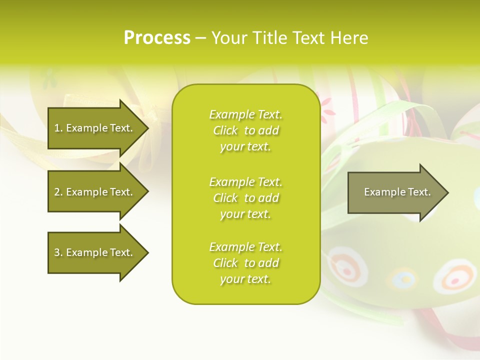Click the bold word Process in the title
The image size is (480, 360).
coord(157,38)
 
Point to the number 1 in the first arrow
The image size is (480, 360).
coord(57,128)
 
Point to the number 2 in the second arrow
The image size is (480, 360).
coord(57,192)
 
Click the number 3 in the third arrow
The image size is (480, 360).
coord(57,252)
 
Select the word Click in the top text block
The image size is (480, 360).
coord(225,131)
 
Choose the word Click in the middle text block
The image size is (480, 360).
coord(225,198)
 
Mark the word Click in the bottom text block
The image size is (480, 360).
coord(225,263)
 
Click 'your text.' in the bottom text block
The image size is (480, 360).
coord(245,279)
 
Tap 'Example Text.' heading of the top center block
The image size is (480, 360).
coord(245,115)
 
